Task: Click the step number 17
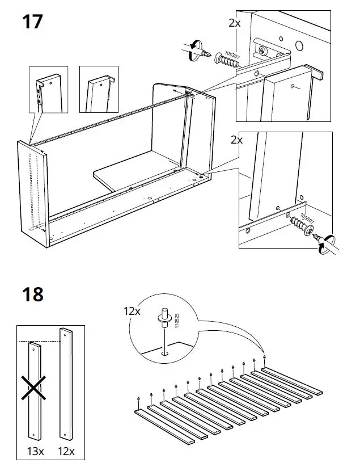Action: [32, 22]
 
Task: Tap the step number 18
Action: [32, 294]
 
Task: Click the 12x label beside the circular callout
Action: [133, 310]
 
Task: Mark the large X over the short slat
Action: [32, 391]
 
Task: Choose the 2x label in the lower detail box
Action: [234, 139]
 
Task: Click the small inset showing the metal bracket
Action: [48, 89]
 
